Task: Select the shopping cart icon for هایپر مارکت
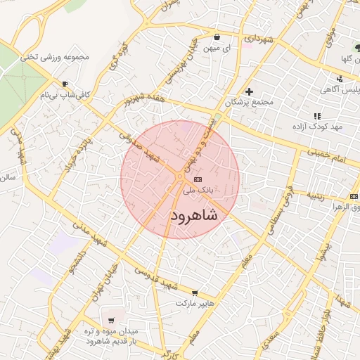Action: click(x=195, y=293)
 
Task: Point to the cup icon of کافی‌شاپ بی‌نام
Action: click(x=65, y=84)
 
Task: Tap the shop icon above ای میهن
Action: click(x=217, y=37)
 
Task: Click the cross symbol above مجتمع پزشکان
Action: click(x=249, y=91)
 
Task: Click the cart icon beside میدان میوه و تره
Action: click(x=111, y=321)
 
